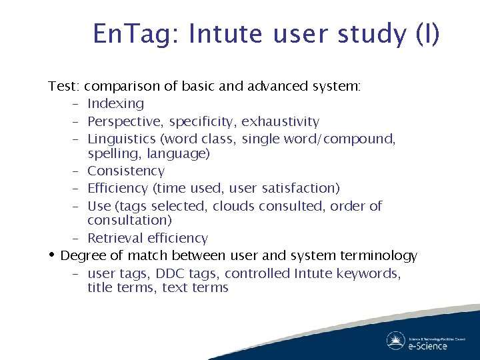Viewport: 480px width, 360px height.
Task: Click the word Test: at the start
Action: pyautogui.click(x=64, y=87)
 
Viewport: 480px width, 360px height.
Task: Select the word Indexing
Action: pyautogui.click(x=115, y=104)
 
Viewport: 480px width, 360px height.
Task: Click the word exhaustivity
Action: pyautogui.click(x=280, y=122)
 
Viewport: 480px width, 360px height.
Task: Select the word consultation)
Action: pyautogui.click(x=129, y=221)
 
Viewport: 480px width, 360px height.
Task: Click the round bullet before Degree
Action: pyautogui.click(x=52, y=255)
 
